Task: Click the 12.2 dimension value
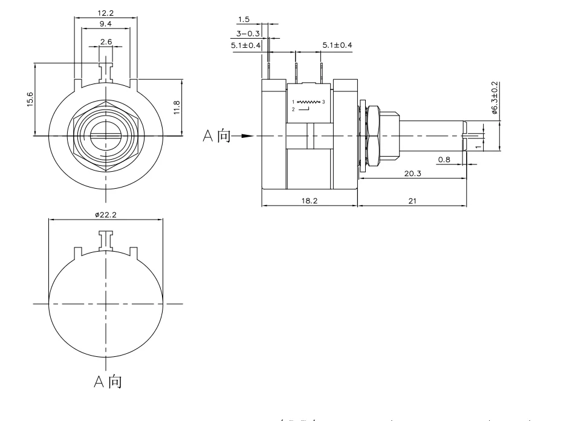coord(106,13)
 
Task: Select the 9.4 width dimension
coord(106,24)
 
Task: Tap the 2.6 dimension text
coord(106,41)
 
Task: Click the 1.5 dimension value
coord(243,20)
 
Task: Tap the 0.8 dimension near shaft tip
coord(444,160)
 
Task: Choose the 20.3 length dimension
coord(413,174)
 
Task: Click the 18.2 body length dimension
coord(309,201)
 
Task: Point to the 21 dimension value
coord(412,201)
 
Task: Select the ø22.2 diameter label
coord(106,215)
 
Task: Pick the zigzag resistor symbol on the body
coord(309,102)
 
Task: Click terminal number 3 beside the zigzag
coord(323,102)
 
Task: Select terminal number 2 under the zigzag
coord(293,109)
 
